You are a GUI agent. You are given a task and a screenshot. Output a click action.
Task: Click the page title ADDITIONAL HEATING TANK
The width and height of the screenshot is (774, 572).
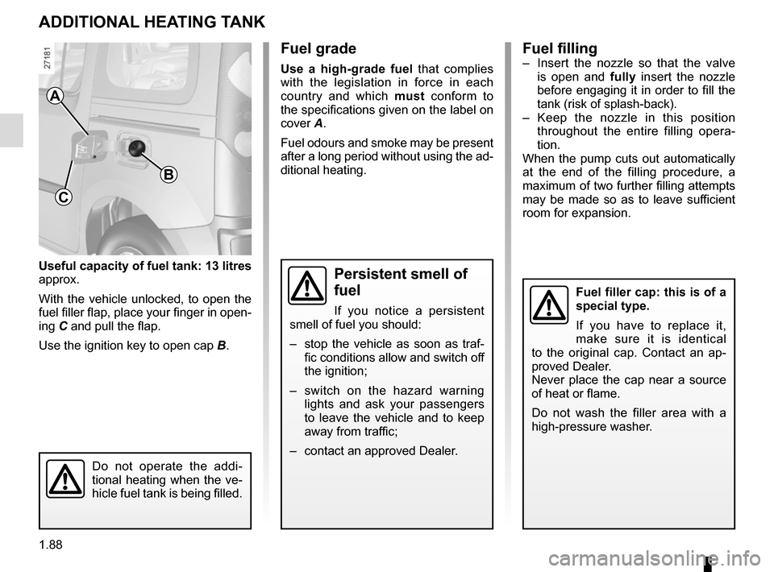[x=152, y=23]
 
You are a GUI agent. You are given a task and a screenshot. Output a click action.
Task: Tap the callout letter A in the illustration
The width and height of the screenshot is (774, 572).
[x=56, y=96]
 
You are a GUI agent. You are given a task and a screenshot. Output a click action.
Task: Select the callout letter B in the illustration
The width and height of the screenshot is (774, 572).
[x=168, y=175]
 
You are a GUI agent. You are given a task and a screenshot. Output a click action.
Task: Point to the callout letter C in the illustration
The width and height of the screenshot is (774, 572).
[x=63, y=197]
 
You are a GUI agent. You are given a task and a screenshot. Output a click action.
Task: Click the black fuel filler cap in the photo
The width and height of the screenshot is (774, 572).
[x=136, y=147]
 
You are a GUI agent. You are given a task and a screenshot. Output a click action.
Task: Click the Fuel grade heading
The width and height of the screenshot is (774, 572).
[x=318, y=49]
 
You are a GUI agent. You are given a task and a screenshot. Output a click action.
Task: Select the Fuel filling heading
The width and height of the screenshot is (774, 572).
[x=560, y=48]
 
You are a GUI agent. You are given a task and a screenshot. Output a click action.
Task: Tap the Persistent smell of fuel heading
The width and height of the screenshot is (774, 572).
[x=401, y=282]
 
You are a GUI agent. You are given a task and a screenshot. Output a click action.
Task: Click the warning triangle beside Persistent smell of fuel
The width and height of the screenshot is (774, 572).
[x=307, y=285]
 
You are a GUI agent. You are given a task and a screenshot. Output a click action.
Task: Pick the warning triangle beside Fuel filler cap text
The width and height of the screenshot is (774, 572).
[x=549, y=305]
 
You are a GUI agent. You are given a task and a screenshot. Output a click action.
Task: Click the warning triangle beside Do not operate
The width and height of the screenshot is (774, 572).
[x=65, y=479]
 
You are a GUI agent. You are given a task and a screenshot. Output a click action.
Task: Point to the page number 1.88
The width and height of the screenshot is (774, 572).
[x=51, y=545]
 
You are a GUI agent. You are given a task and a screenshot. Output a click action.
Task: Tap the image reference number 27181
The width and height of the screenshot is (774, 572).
[x=47, y=58]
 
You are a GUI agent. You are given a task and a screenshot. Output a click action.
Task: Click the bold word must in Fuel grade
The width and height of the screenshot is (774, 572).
[x=410, y=96]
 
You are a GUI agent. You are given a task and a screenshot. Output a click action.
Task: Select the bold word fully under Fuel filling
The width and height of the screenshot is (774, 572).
[x=623, y=77]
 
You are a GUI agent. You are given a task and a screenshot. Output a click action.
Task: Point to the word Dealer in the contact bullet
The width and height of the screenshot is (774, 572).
[x=439, y=451]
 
